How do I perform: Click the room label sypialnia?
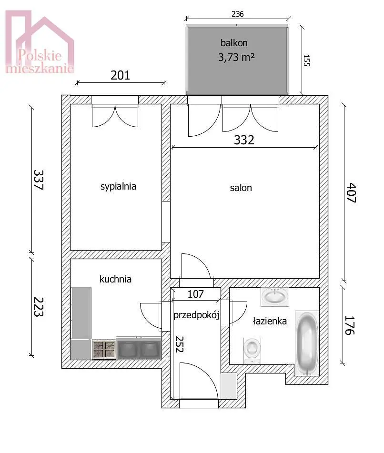point(118,186)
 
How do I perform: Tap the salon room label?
point(241,188)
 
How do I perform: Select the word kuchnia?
point(115,279)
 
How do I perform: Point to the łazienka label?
point(270,321)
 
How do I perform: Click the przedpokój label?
point(196,314)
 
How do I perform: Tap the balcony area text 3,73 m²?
point(236,58)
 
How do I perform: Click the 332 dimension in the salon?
point(244,140)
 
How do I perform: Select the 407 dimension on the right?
point(351,192)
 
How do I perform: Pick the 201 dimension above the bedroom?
point(120,75)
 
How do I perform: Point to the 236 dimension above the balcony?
point(238,14)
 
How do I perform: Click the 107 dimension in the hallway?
point(196,294)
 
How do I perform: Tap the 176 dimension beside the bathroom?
point(349,325)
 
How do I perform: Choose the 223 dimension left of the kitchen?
point(39,307)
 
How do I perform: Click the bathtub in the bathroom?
point(307,343)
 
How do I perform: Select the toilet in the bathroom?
point(252,351)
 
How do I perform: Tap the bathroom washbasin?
point(274,297)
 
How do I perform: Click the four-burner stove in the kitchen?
point(104,349)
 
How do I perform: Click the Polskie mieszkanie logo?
point(40,42)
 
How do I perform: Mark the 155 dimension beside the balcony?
point(306,60)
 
